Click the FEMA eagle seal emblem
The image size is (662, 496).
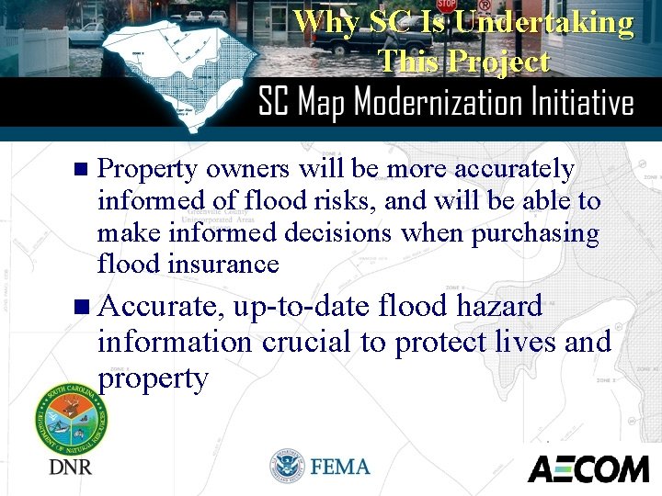coord(287,467)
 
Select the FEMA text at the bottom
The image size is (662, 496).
coord(340,467)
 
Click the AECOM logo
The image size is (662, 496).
coord(588,468)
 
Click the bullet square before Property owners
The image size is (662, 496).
coord(79,170)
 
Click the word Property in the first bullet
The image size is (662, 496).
coord(147,170)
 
